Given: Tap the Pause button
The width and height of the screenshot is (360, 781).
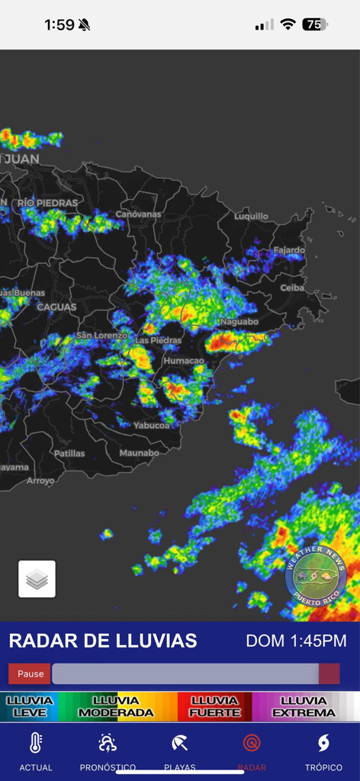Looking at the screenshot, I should pyautogui.click(x=31, y=674).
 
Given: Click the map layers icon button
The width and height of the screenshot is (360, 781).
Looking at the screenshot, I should pyautogui.click(x=37, y=579).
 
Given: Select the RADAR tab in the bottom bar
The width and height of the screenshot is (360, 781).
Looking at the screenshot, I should pyautogui.click(x=252, y=752).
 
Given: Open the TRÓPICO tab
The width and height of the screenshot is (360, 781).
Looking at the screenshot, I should pyautogui.click(x=323, y=752).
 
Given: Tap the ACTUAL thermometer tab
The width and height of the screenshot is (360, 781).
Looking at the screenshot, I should pyautogui.click(x=36, y=752).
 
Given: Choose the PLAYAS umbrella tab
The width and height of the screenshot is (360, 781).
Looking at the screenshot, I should pyautogui.click(x=180, y=752).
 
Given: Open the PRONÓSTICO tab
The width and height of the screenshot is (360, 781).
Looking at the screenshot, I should pyautogui.click(x=108, y=752).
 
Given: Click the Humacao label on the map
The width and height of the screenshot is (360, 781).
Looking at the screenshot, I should pyautogui.click(x=183, y=360).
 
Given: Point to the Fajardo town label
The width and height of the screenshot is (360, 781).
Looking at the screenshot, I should pyautogui.click(x=289, y=250).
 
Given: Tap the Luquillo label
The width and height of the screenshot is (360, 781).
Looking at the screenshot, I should pyautogui.click(x=251, y=216).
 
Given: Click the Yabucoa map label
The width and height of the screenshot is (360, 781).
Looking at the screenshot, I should pyautogui.click(x=151, y=426).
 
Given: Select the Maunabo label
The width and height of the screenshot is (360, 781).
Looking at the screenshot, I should pyautogui.click(x=139, y=453).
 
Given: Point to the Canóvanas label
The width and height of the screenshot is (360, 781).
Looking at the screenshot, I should pyautogui.click(x=138, y=214).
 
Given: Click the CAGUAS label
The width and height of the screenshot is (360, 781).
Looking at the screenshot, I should pyautogui.click(x=56, y=307).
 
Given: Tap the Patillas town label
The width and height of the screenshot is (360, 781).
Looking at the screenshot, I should pyautogui.click(x=69, y=453).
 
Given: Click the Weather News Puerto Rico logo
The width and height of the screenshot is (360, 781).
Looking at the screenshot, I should pyautogui.click(x=316, y=574).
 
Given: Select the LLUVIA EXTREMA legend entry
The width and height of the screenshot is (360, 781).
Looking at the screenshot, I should pyautogui.click(x=304, y=706).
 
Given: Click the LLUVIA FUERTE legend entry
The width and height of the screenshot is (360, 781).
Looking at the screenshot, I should pyautogui.click(x=214, y=706).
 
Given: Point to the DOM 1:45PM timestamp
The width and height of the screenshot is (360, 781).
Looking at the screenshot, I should pyautogui.click(x=296, y=641).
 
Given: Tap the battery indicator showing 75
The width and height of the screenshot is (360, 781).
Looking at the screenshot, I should pyautogui.click(x=314, y=24).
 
